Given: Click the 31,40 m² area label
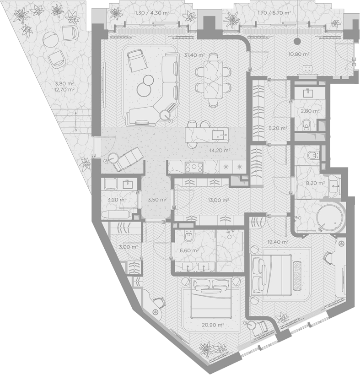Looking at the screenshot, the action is click(x=194, y=55).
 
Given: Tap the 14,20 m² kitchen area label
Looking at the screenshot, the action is click(x=220, y=151).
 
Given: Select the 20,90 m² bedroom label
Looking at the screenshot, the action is click(x=213, y=325).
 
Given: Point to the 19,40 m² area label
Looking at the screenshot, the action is click(x=277, y=242).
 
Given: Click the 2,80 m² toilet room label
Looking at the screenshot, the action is click(x=310, y=111).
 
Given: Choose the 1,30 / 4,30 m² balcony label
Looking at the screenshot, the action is click(x=152, y=13).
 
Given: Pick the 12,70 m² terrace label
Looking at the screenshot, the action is click(x=64, y=90).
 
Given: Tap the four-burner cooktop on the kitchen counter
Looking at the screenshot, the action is click(x=194, y=167).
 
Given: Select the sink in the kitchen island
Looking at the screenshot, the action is click(x=219, y=136).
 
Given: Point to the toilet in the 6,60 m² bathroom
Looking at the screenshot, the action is click(x=189, y=236).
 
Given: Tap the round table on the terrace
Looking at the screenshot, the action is click(x=50, y=38).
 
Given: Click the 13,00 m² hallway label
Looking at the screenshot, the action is click(x=219, y=200).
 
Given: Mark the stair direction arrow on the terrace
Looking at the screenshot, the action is click(x=76, y=121).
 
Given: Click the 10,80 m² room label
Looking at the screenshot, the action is click(x=299, y=54).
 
